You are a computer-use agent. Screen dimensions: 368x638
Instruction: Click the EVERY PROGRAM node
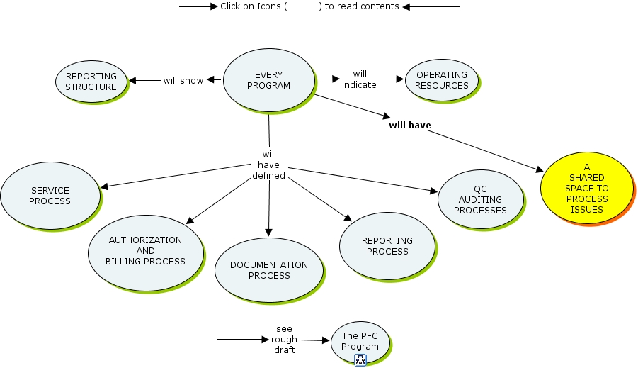coord(268,80)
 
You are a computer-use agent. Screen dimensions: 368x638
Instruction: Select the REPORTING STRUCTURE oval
coord(91,82)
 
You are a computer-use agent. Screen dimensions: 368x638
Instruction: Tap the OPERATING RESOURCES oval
coord(441,80)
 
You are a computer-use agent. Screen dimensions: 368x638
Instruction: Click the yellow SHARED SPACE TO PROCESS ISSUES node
coord(586,188)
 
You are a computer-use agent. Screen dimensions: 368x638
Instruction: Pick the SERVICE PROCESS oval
coord(50,196)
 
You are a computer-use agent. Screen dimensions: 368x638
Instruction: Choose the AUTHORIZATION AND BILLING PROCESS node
coord(145,251)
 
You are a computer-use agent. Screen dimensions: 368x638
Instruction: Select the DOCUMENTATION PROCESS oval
coord(269,270)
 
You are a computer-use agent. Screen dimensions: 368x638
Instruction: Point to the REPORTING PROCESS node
coord(387,246)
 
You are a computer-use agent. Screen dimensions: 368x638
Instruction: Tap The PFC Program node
coord(360,341)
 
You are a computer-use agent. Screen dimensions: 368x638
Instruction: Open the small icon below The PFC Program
coord(360,360)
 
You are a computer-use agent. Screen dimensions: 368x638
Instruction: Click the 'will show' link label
coord(183,80)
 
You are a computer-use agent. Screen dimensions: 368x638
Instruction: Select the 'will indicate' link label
coord(360,79)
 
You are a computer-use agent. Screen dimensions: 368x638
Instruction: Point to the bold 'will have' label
coord(410,126)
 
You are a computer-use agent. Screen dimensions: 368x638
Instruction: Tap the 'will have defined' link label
coord(269,165)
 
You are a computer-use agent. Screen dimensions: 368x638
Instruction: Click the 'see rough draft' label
coord(285,340)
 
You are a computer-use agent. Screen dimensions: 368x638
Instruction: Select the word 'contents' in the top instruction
coord(379,6)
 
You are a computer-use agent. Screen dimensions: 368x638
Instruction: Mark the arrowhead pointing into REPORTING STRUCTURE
coord(132,80)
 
